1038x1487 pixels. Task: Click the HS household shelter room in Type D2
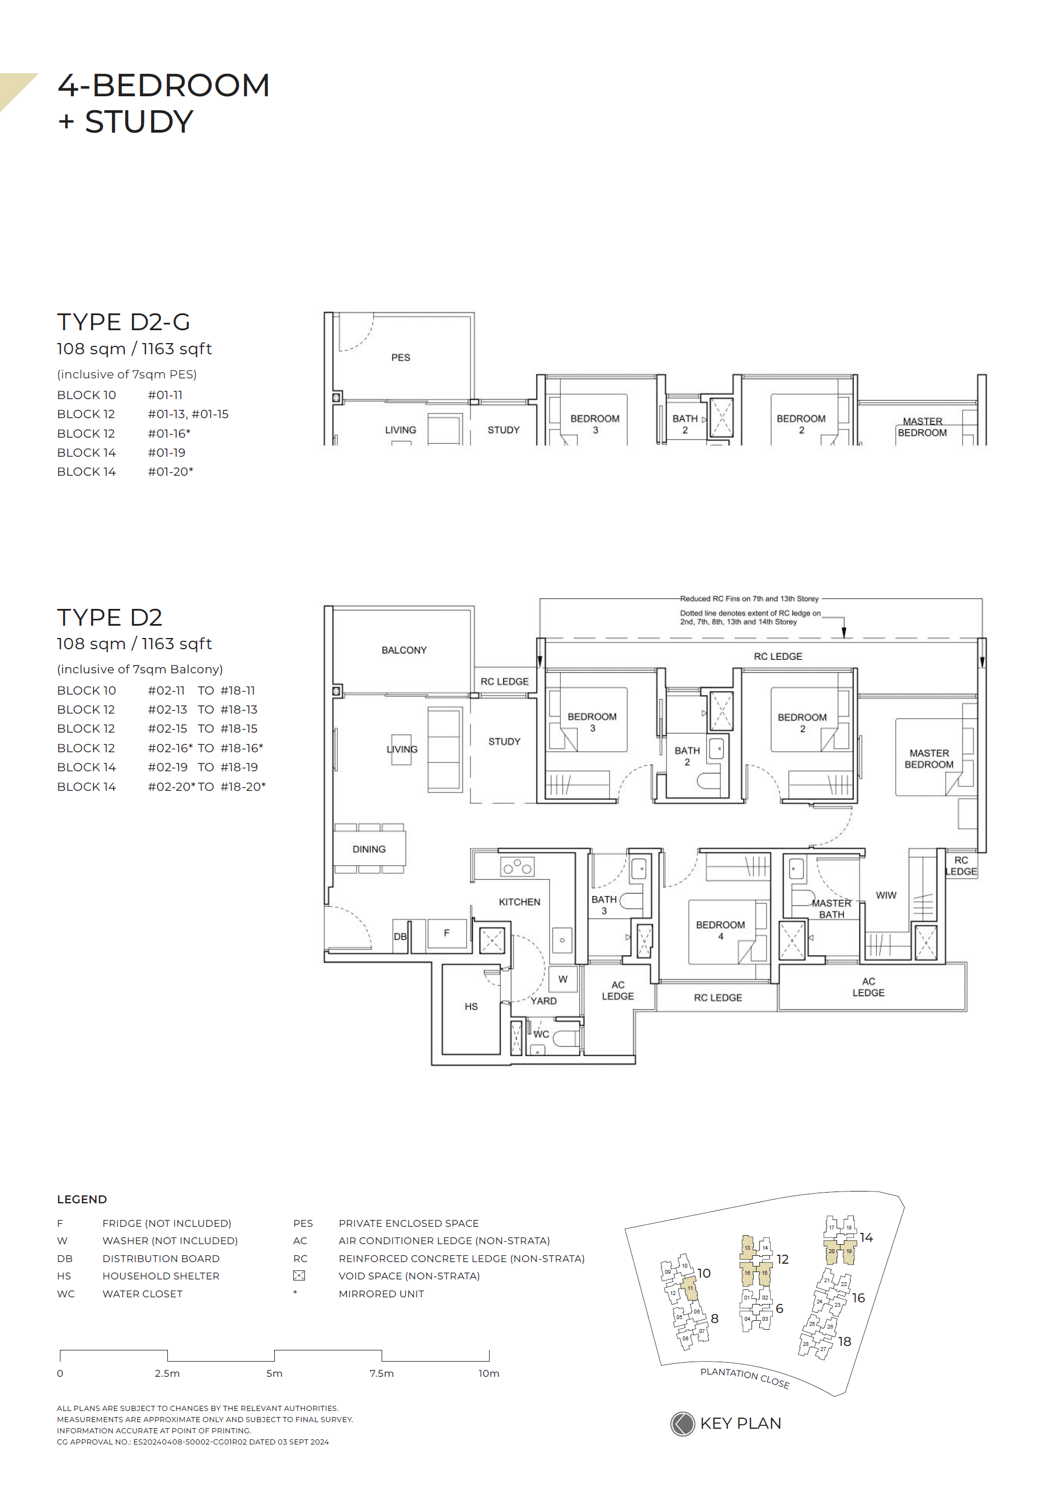click(x=470, y=1006)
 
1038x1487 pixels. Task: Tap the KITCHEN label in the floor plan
click(x=519, y=902)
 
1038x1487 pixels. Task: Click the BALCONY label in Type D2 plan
click(x=403, y=650)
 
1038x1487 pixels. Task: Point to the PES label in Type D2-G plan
click(x=400, y=358)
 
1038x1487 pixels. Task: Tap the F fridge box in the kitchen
click(x=446, y=934)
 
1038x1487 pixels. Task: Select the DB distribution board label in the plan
click(x=400, y=936)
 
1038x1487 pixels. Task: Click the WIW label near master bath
click(x=885, y=895)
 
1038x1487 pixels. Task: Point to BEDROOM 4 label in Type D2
click(x=720, y=930)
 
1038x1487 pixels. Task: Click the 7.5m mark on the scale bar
click(x=382, y=1373)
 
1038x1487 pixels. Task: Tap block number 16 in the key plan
click(x=858, y=1298)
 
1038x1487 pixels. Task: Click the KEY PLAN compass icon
click(x=682, y=1424)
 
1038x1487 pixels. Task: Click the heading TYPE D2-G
click(x=123, y=322)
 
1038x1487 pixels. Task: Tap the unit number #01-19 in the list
click(x=166, y=453)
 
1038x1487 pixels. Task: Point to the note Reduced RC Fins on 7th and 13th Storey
click(x=749, y=598)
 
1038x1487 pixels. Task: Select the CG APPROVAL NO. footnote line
click(x=192, y=1442)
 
